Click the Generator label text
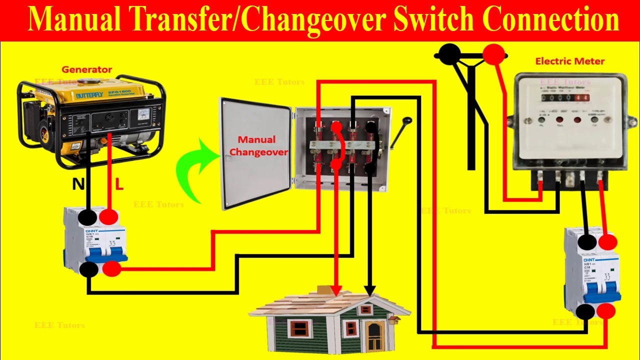(x=86, y=69)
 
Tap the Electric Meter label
(x=569, y=61)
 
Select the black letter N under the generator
(x=78, y=185)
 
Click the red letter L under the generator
(x=119, y=185)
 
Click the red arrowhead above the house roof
(x=336, y=290)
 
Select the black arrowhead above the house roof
(x=369, y=290)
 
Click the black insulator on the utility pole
(x=450, y=53)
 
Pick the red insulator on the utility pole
(x=493, y=53)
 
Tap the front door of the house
(x=373, y=336)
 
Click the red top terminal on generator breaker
(x=109, y=217)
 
